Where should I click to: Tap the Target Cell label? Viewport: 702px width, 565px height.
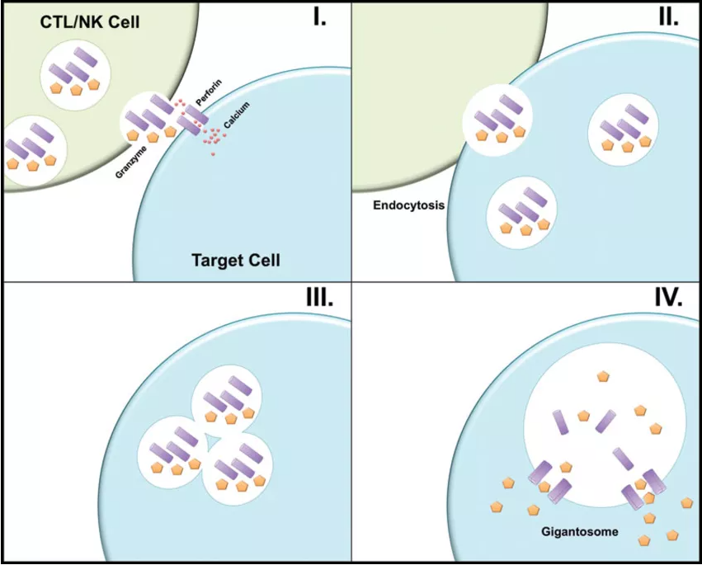pos(235,261)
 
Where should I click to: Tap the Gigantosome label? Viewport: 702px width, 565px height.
pos(579,531)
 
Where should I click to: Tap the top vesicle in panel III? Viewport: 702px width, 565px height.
pos(228,401)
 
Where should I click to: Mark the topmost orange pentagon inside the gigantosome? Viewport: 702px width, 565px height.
pos(603,376)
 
